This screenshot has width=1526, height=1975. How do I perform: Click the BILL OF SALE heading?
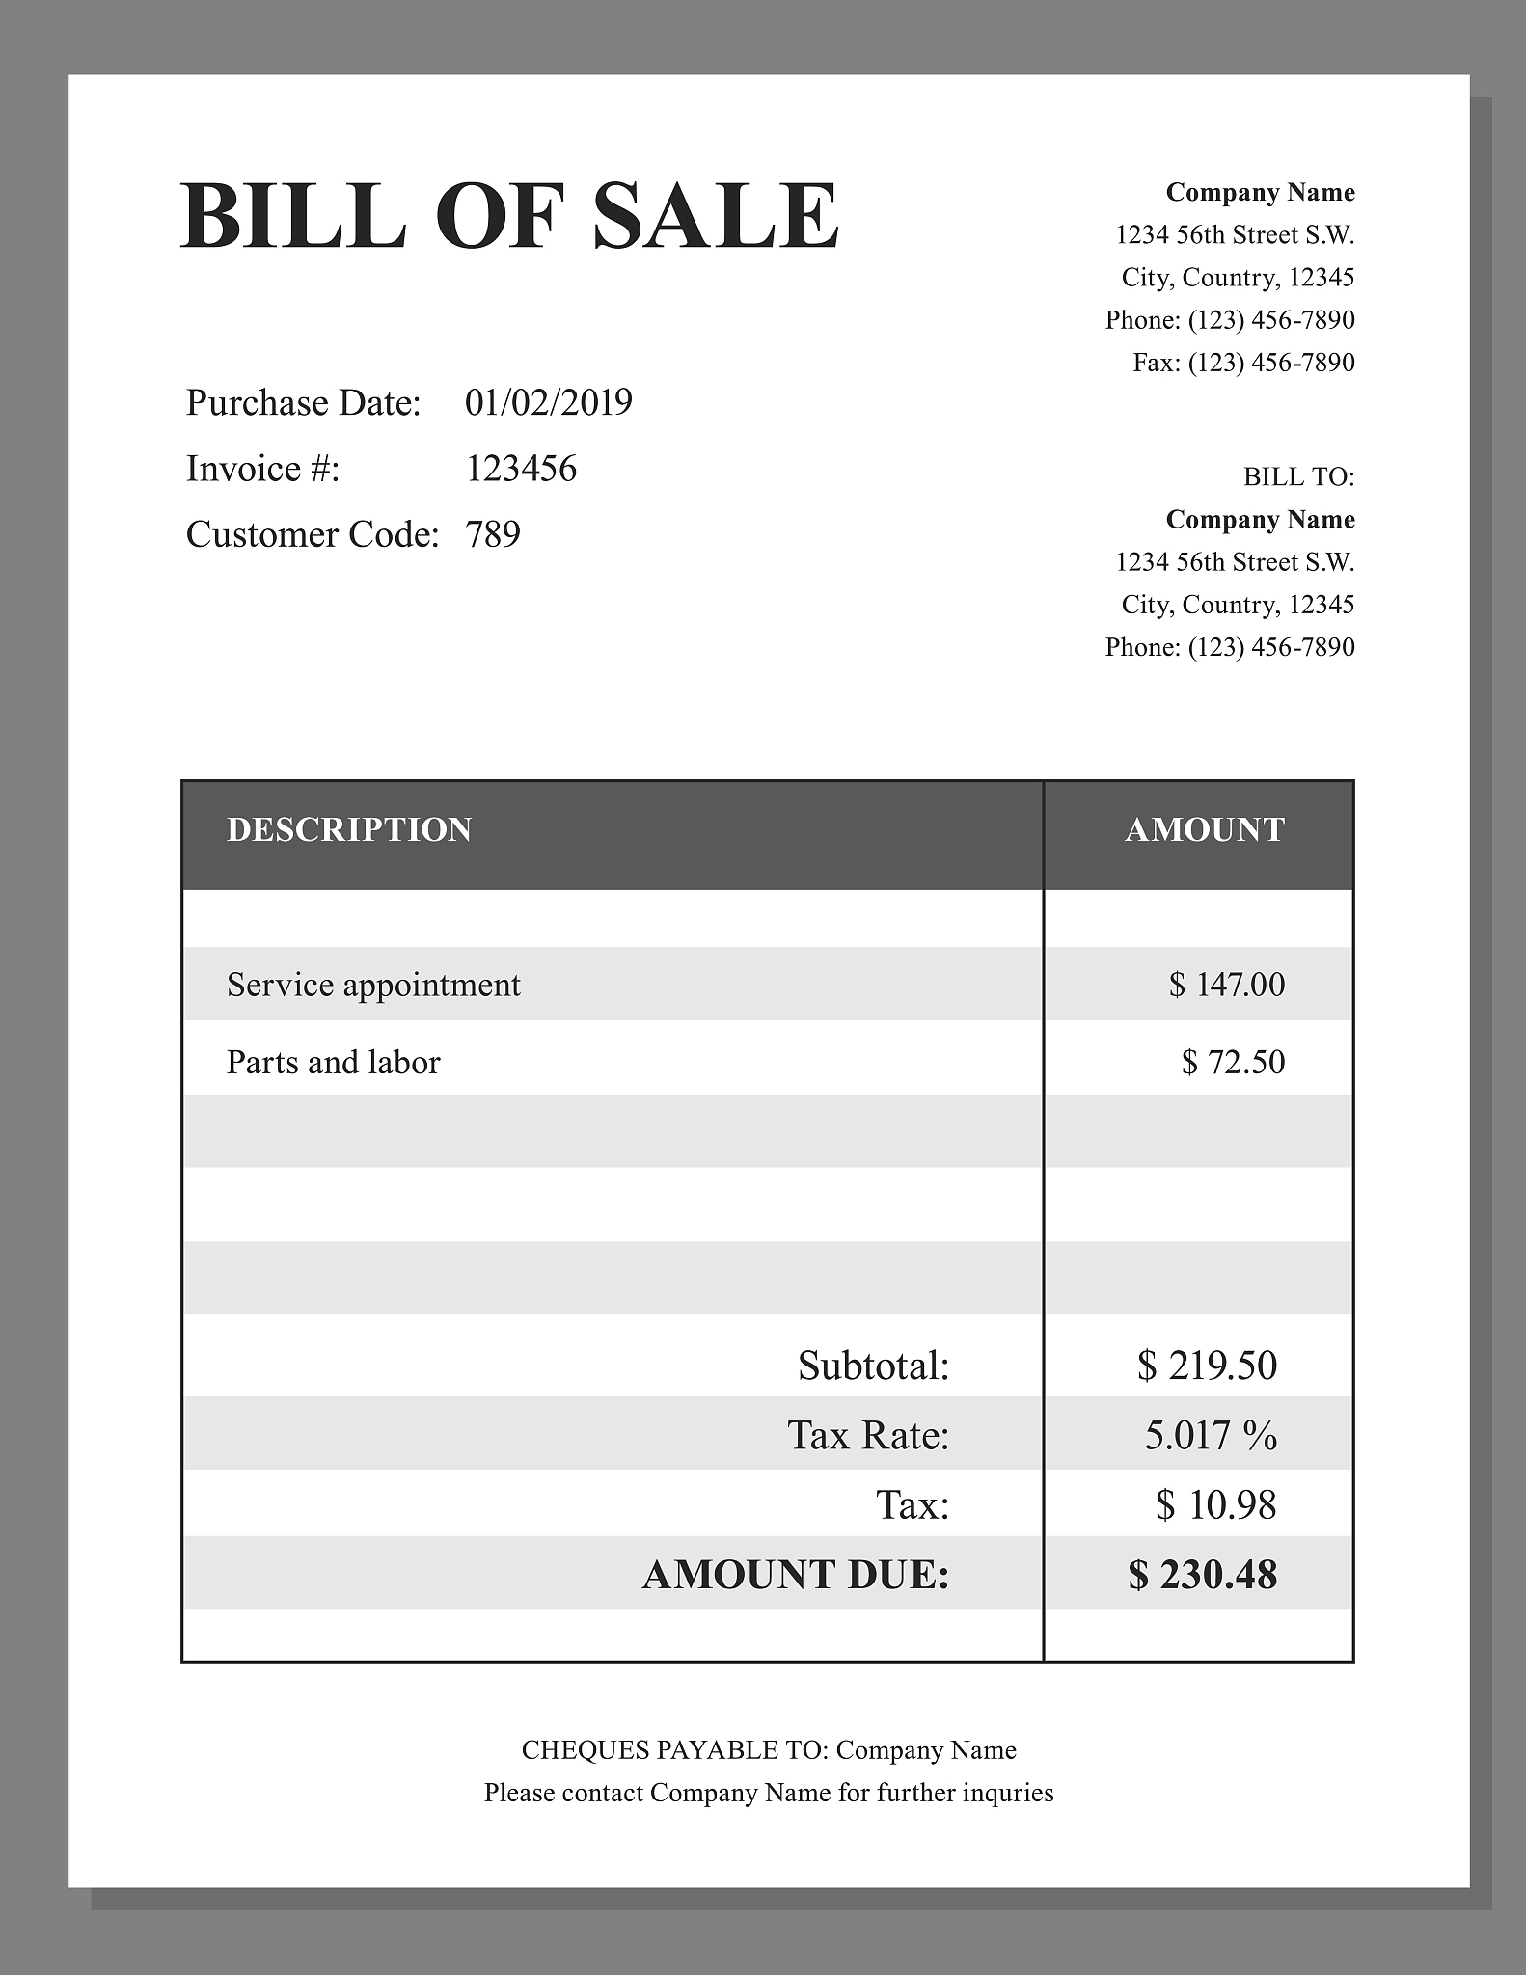coord(509,216)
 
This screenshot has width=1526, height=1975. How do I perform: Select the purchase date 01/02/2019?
coord(548,403)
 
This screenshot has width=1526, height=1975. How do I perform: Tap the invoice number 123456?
coord(521,469)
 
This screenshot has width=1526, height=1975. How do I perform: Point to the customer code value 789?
coord(493,534)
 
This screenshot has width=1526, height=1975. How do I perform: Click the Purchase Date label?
coord(303,403)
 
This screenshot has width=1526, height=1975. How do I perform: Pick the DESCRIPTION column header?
coord(349,830)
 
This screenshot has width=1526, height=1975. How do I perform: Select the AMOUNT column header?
coord(1205,830)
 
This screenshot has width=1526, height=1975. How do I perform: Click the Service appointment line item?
coord(373,985)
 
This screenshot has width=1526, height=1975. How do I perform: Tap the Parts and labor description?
coord(333,1062)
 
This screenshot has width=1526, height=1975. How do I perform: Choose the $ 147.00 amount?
coord(1227,985)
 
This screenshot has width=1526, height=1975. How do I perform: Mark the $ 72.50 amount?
coord(1233,1062)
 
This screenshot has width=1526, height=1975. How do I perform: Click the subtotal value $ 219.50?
coord(1207,1366)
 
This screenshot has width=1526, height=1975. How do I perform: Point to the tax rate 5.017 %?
coord(1211,1436)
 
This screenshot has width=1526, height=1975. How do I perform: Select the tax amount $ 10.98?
coord(1215,1505)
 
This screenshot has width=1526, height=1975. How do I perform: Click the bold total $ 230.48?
coord(1203,1576)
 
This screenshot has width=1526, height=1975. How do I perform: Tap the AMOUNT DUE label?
coord(796,1576)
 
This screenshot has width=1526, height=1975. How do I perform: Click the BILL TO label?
coord(1298,477)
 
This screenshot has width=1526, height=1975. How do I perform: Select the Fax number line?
coord(1243,363)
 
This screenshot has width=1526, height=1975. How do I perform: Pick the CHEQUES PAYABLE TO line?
coord(769,1750)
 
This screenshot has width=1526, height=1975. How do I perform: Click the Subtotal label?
coord(873,1366)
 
